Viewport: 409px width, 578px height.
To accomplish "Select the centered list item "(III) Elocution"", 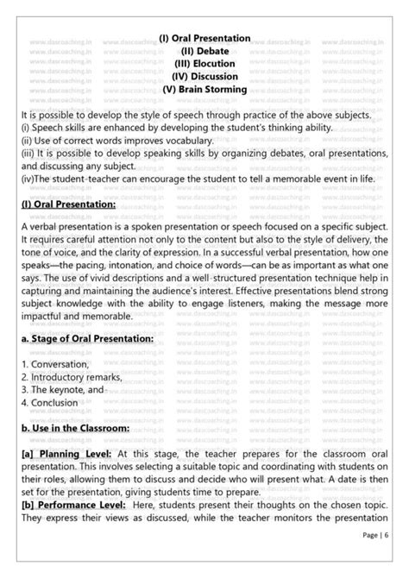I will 204,63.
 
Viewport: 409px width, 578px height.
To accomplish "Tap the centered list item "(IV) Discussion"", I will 204,76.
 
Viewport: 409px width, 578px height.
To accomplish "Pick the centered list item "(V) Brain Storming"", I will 204,89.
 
